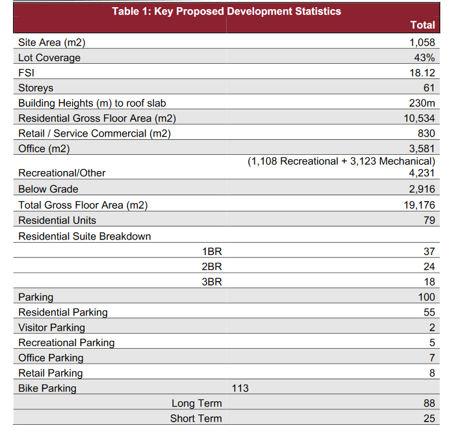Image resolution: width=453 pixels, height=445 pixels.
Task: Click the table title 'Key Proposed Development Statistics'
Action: (x=226, y=11)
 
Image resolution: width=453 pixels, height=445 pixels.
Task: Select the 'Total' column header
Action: (x=422, y=25)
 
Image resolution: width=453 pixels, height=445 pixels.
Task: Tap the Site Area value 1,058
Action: (x=422, y=42)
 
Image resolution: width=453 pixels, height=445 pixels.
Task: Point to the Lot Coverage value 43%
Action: (x=424, y=57)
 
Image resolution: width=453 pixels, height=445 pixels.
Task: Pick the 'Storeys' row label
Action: (x=36, y=88)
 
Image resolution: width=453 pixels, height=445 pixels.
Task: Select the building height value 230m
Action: (x=422, y=103)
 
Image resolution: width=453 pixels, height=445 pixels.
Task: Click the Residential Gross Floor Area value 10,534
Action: (x=419, y=118)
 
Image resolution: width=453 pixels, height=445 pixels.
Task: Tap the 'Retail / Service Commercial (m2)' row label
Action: (x=94, y=133)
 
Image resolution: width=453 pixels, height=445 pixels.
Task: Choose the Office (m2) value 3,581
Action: (x=422, y=148)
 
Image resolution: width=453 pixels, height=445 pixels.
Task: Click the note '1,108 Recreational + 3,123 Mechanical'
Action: (x=341, y=161)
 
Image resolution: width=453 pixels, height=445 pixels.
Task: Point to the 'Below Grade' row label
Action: (x=48, y=189)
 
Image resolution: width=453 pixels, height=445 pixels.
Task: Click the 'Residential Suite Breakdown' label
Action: (x=84, y=236)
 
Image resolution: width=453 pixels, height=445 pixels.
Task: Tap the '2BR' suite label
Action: (x=212, y=267)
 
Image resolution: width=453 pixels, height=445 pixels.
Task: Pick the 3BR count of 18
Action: (x=429, y=282)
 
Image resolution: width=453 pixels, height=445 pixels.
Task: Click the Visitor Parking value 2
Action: (x=432, y=327)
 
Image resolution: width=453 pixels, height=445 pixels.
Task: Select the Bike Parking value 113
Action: (x=240, y=388)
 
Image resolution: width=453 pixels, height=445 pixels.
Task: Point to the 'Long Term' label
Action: (x=196, y=403)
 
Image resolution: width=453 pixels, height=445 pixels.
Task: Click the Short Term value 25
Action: (x=429, y=418)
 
